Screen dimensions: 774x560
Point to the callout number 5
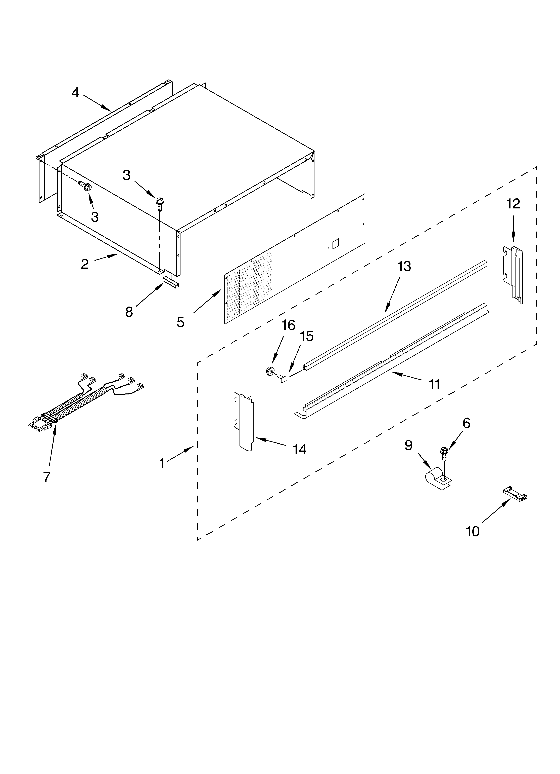tap(180, 322)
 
